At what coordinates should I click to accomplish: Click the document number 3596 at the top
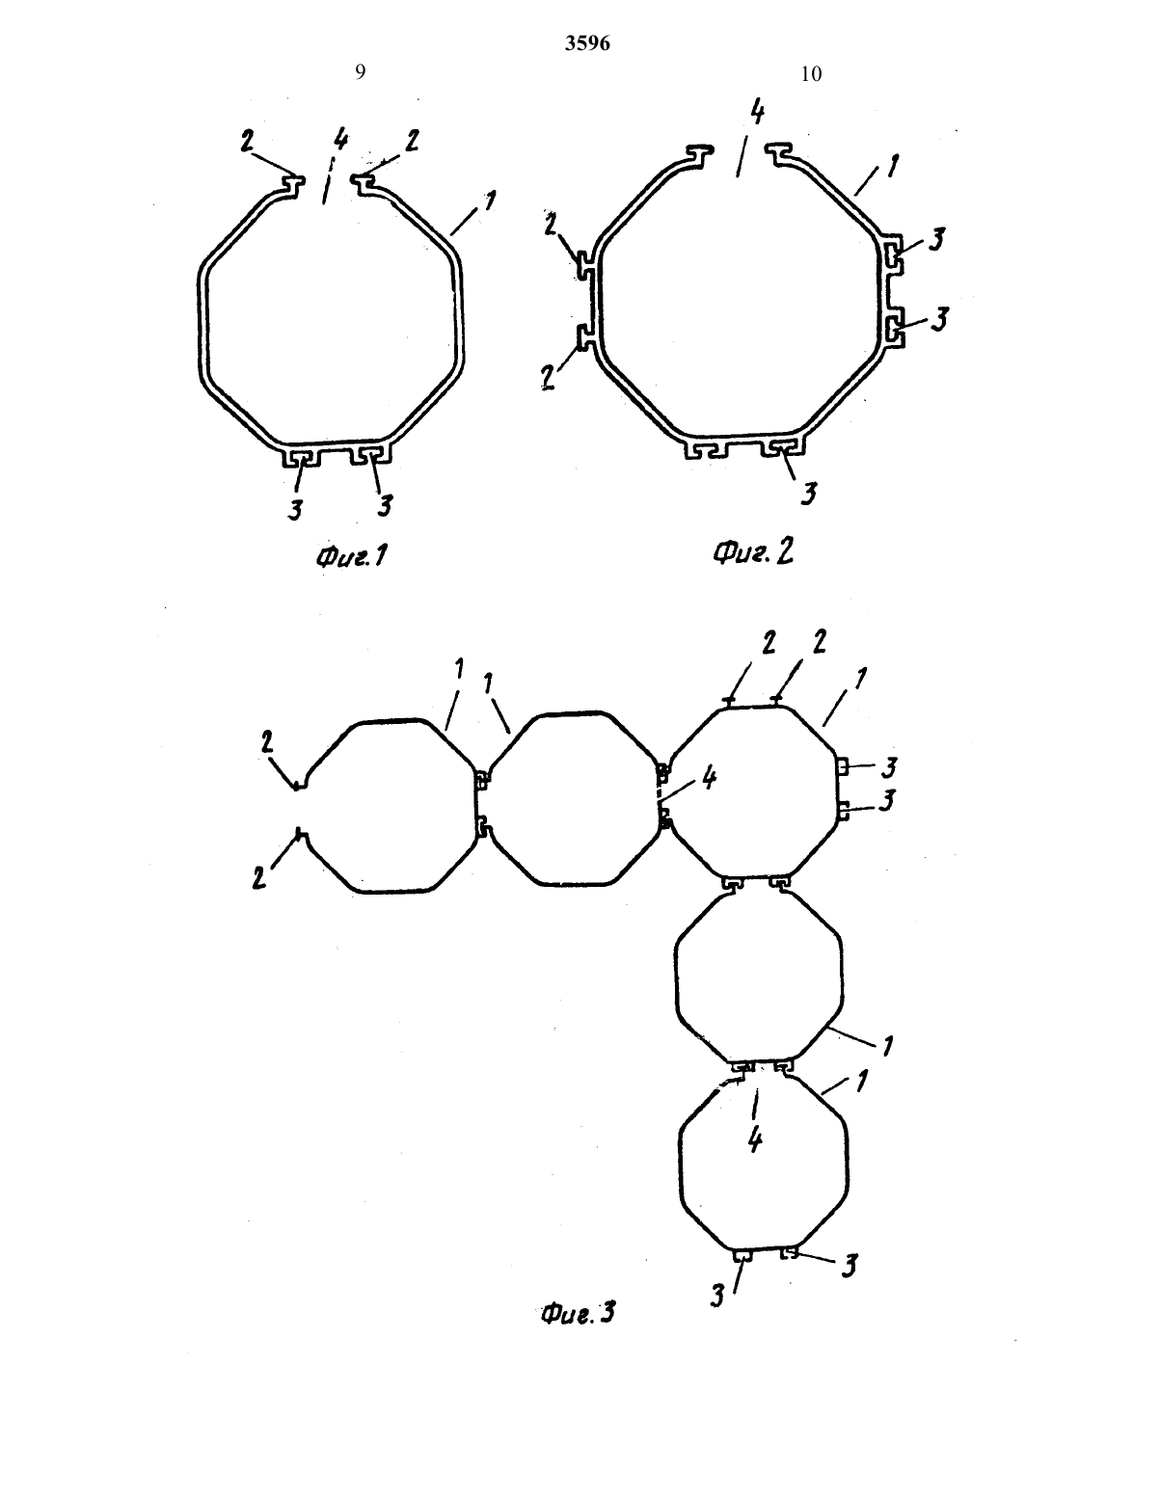(x=587, y=43)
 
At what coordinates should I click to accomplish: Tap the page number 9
(x=360, y=72)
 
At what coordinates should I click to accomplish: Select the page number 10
(x=811, y=74)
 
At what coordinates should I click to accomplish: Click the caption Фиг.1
(x=352, y=555)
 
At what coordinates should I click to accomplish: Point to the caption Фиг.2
(x=753, y=552)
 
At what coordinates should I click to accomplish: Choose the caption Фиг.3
(x=578, y=1313)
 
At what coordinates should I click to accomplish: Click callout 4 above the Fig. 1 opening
(x=340, y=140)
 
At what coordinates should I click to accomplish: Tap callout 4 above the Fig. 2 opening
(x=758, y=114)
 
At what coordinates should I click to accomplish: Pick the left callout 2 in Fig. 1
(x=247, y=141)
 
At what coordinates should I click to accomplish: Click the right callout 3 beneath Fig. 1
(x=384, y=505)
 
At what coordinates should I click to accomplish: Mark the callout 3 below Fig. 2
(x=809, y=493)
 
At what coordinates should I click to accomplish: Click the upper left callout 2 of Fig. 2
(x=551, y=224)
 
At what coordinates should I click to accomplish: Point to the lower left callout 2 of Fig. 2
(x=549, y=378)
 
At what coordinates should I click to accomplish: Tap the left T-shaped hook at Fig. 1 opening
(x=294, y=184)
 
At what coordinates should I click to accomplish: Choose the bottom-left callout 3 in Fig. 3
(x=717, y=1296)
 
